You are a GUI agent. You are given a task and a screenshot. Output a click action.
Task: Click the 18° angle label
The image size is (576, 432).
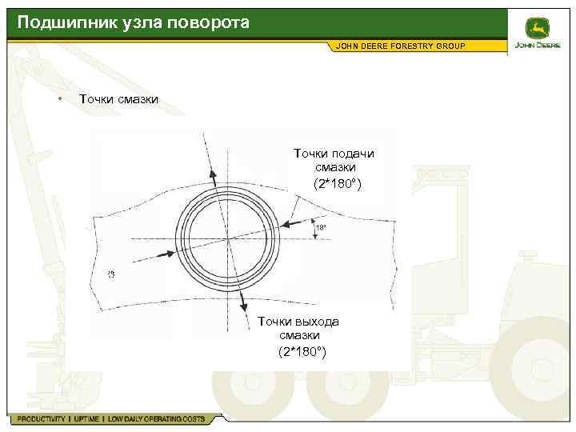pos(321,228)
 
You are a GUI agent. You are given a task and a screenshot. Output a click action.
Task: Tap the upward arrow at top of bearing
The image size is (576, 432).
pos(214,168)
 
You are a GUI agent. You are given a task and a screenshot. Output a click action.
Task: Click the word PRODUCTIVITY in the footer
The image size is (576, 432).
pos(38,419)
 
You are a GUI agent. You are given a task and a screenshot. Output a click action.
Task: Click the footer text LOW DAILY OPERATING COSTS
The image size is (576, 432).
pos(156,419)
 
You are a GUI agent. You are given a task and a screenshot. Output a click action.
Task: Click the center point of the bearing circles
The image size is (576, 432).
pos(227,237)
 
